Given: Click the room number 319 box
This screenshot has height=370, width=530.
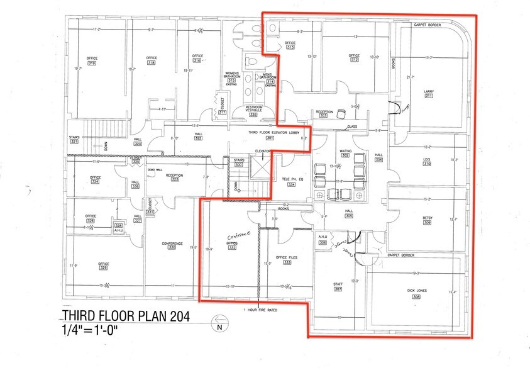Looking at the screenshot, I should coord(92,64).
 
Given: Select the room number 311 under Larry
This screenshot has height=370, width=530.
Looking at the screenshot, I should coord(429,97).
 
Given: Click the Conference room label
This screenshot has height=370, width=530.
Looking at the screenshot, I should coord(172,243).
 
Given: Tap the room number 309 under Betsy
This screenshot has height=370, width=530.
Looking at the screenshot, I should coord(428,222).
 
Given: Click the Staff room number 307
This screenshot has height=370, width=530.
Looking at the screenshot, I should coord(338,289).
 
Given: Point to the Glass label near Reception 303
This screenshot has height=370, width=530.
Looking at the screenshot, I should coord(352,126).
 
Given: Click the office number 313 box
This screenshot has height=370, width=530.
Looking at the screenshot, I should coord(290,47).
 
